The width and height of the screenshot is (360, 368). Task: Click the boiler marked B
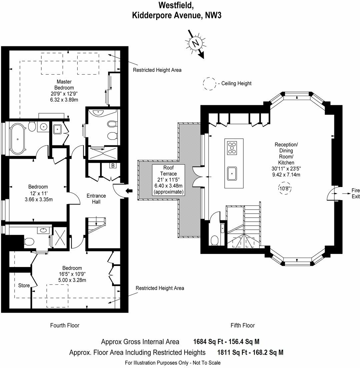pos(113,166)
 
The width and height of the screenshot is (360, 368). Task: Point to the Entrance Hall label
pos(96,199)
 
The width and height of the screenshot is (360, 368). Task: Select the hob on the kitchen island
pos(232,148)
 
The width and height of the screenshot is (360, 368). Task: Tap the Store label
pos(24,285)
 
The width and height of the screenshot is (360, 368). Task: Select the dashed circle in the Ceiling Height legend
pos(210,83)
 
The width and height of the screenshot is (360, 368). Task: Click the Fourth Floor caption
pos(65,325)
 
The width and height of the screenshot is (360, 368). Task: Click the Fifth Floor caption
pos(243,325)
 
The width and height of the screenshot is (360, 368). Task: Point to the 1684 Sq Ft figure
pos(210,342)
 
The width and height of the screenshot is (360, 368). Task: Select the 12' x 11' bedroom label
pos(38,193)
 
